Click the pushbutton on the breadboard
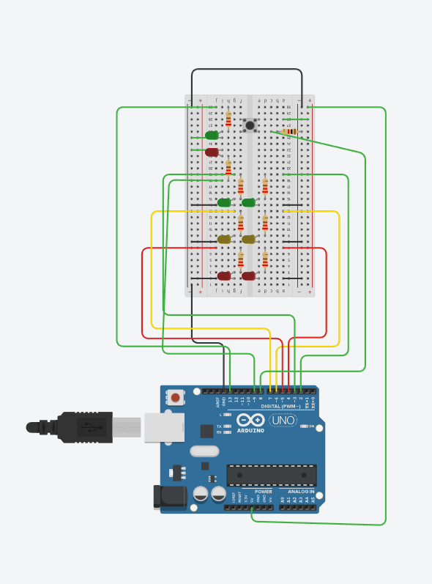(250, 125)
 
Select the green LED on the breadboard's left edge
(212, 136)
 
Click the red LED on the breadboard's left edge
(212, 152)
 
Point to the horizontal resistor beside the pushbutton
(292, 132)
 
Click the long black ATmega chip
(271, 475)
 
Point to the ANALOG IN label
(301, 492)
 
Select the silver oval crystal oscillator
(204, 452)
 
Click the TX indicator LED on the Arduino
(228, 425)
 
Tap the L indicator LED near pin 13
(228, 415)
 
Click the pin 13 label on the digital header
(230, 401)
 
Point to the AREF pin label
(217, 402)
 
